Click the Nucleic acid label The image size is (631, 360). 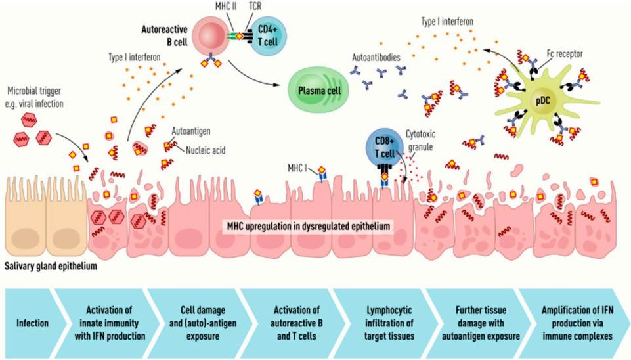(x=204, y=150)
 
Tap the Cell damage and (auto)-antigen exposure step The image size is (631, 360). (x=194, y=323)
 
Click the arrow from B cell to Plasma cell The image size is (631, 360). (x=256, y=78)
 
